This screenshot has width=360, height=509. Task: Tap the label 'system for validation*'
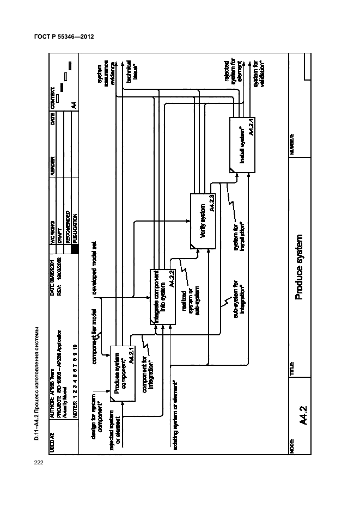260,76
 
